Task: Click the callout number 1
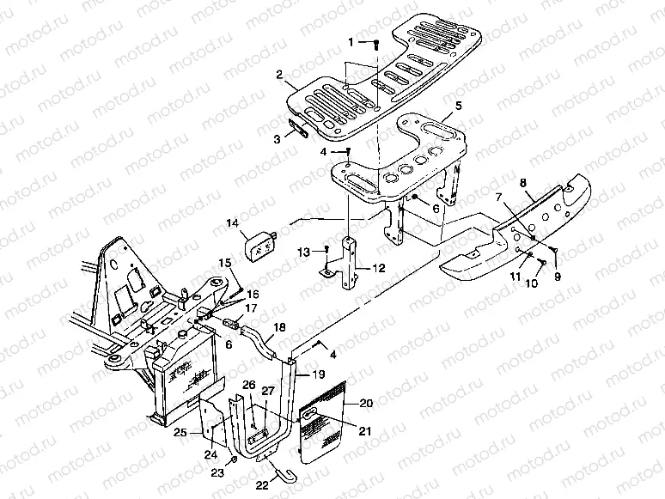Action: tap(351, 41)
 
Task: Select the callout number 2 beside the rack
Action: tap(280, 75)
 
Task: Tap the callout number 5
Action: tap(459, 106)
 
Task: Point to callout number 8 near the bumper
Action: tap(522, 182)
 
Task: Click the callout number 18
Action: tap(279, 328)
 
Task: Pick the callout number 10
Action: tap(531, 283)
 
